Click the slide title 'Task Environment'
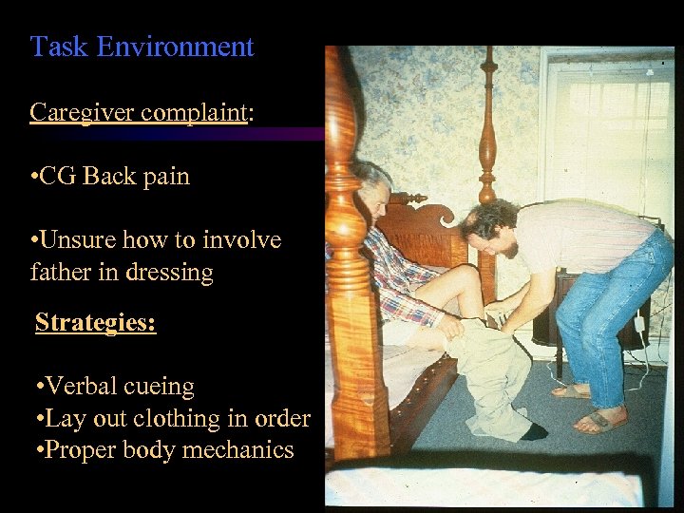click(x=142, y=47)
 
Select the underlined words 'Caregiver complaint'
click(x=138, y=112)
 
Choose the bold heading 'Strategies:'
click(x=95, y=322)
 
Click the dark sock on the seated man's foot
click(x=534, y=431)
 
